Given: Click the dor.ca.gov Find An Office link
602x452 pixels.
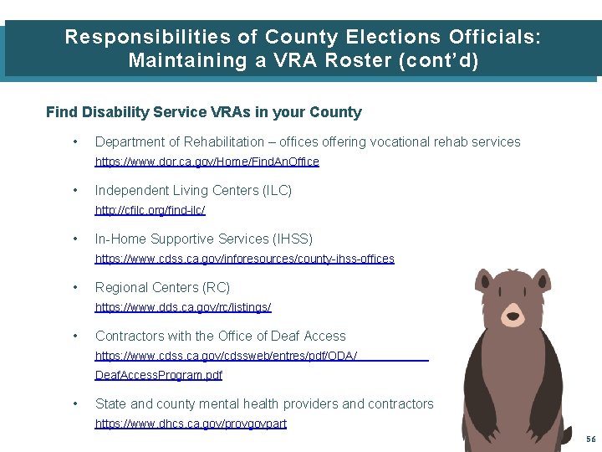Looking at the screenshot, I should point(207,162).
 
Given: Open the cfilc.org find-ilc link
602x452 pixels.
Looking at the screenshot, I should point(150,210).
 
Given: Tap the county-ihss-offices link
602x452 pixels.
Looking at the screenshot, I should point(244,259).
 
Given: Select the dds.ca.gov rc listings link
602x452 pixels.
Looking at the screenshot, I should point(183,307).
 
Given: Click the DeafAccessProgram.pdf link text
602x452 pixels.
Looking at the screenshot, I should point(158,375).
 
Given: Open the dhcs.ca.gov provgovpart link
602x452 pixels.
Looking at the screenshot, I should point(191,424).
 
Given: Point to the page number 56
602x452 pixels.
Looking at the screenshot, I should point(590,439).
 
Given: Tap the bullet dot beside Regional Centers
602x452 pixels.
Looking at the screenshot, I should point(76,288).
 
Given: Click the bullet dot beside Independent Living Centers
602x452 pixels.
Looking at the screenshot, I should point(76,191).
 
